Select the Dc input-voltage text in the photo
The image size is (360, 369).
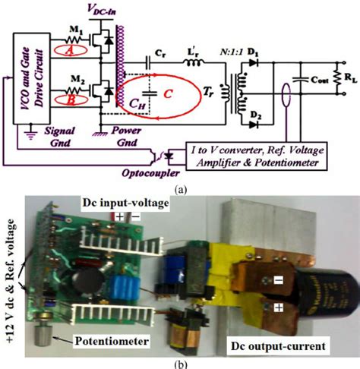pyautogui.click(x=125, y=200)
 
